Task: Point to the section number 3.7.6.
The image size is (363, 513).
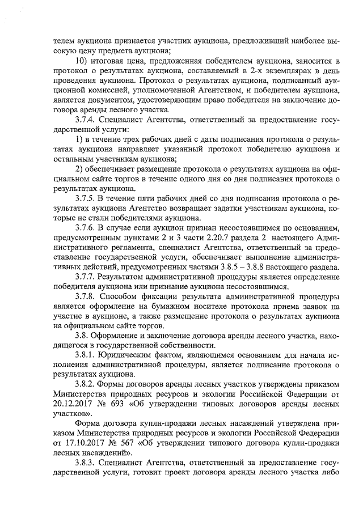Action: coord(85,227)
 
